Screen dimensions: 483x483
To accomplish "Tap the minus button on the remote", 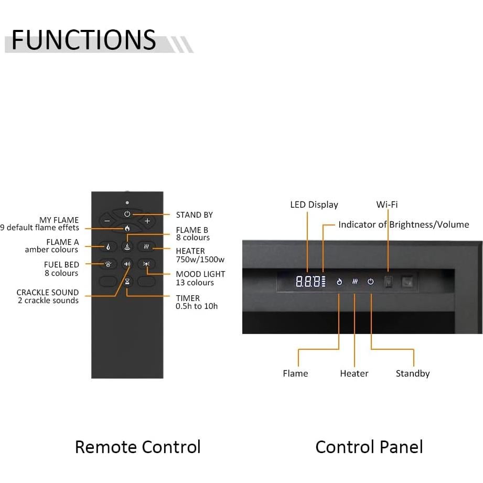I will (x=107, y=221).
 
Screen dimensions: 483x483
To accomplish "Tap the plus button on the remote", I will (x=147, y=221).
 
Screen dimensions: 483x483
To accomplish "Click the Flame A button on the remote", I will (x=108, y=246).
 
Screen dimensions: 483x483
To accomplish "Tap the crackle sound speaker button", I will (x=127, y=264).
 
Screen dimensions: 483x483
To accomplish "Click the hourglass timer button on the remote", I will (x=127, y=281).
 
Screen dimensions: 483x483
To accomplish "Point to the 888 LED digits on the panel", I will (x=307, y=282).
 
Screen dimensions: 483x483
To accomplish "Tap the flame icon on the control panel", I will (x=339, y=282).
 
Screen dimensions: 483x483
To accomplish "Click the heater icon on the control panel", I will (x=355, y=282).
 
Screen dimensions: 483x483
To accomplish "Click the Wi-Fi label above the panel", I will (x=387, y=205).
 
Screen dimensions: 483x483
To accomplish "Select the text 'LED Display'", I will (x=314, y=205).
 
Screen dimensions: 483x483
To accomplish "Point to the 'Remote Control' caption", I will (x=137, y=447).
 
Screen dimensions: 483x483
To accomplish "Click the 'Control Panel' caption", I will (x=369, y=447).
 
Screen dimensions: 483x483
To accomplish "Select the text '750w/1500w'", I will (x=200, y=259).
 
